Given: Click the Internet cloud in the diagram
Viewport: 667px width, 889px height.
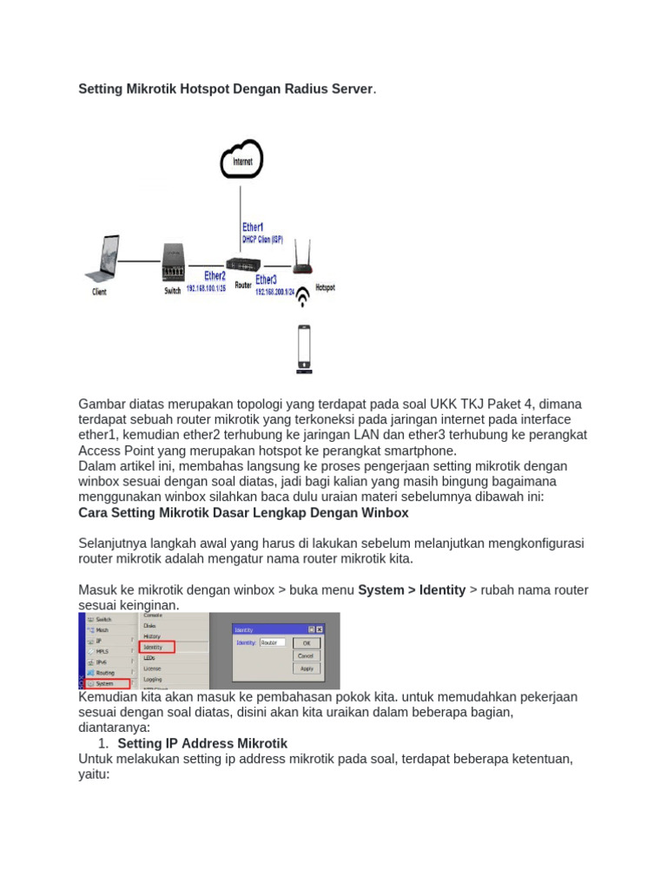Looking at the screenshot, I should coord(241,160).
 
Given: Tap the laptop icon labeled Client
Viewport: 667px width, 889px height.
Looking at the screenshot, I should coord(99,260).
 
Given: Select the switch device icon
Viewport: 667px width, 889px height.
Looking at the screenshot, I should coord(174,261).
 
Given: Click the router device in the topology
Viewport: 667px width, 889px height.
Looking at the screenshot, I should coord(242,265).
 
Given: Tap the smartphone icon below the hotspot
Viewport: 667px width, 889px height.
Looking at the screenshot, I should coord(304,348).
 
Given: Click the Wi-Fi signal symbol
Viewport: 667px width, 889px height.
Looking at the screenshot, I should coord(303,297).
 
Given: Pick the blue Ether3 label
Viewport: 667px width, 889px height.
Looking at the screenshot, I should coord(266,280).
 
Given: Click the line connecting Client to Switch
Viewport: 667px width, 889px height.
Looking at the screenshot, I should coord(138,260).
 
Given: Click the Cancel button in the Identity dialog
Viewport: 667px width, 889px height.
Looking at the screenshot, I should coord(305,656).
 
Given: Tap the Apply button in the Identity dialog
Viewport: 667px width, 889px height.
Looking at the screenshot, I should coord(305,668).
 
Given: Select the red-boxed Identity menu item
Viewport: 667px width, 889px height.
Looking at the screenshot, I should coord(157,647).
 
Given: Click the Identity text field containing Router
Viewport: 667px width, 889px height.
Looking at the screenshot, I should coord(272,643).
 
